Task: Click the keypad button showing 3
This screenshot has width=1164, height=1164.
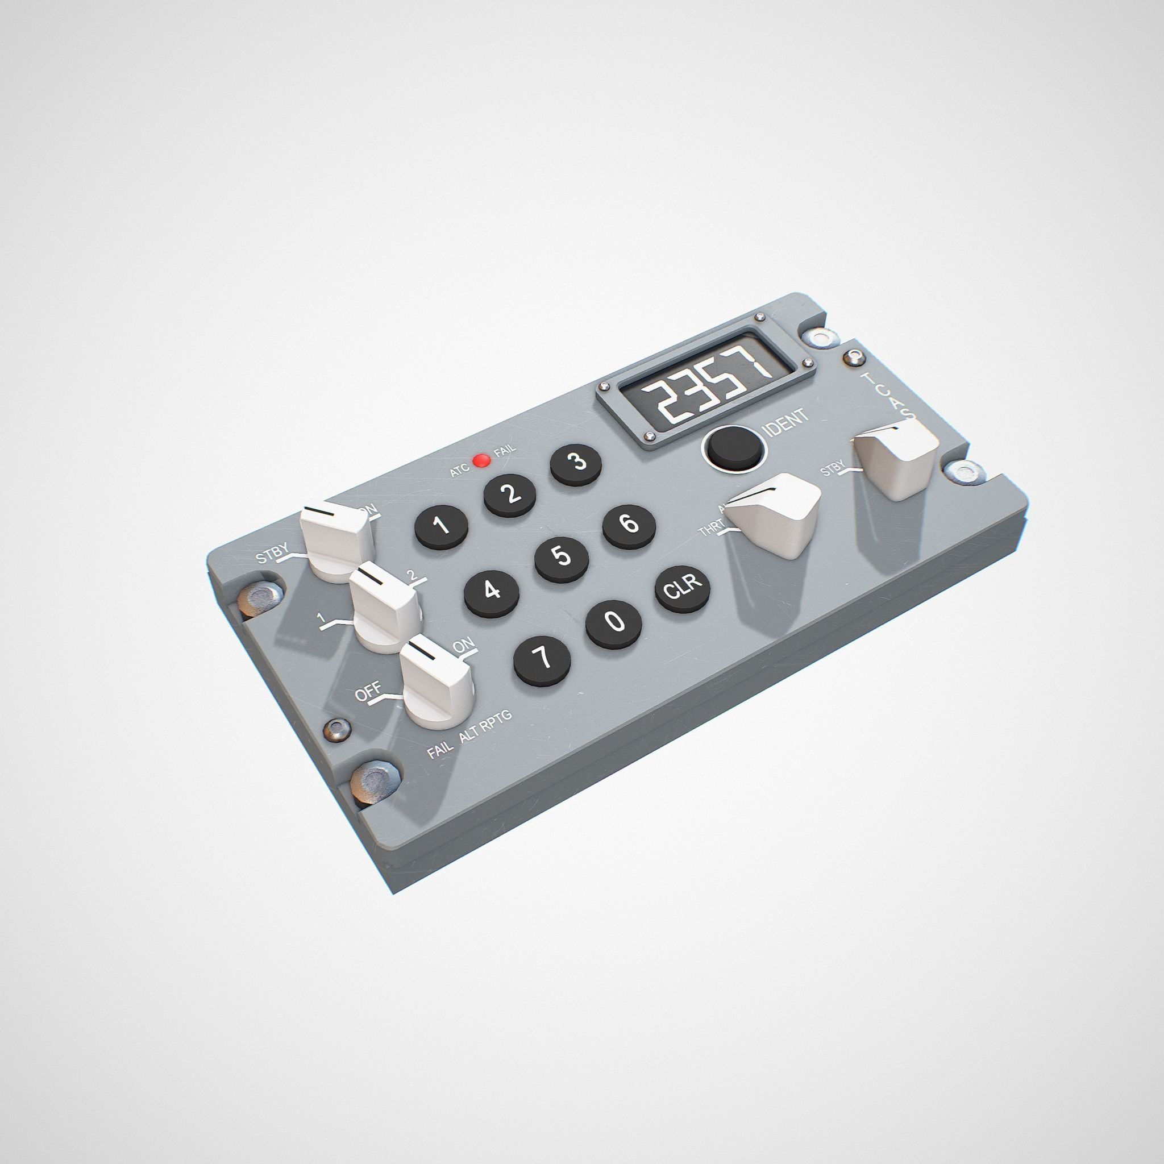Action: [576, 463]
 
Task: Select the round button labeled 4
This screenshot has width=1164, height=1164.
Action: [492, 590]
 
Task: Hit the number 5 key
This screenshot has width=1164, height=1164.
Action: [562, 555]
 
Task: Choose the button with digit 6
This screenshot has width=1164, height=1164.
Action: [629, 524]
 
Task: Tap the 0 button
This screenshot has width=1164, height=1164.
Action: [613, 621]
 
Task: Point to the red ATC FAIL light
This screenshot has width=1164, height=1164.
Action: [481, 461]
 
